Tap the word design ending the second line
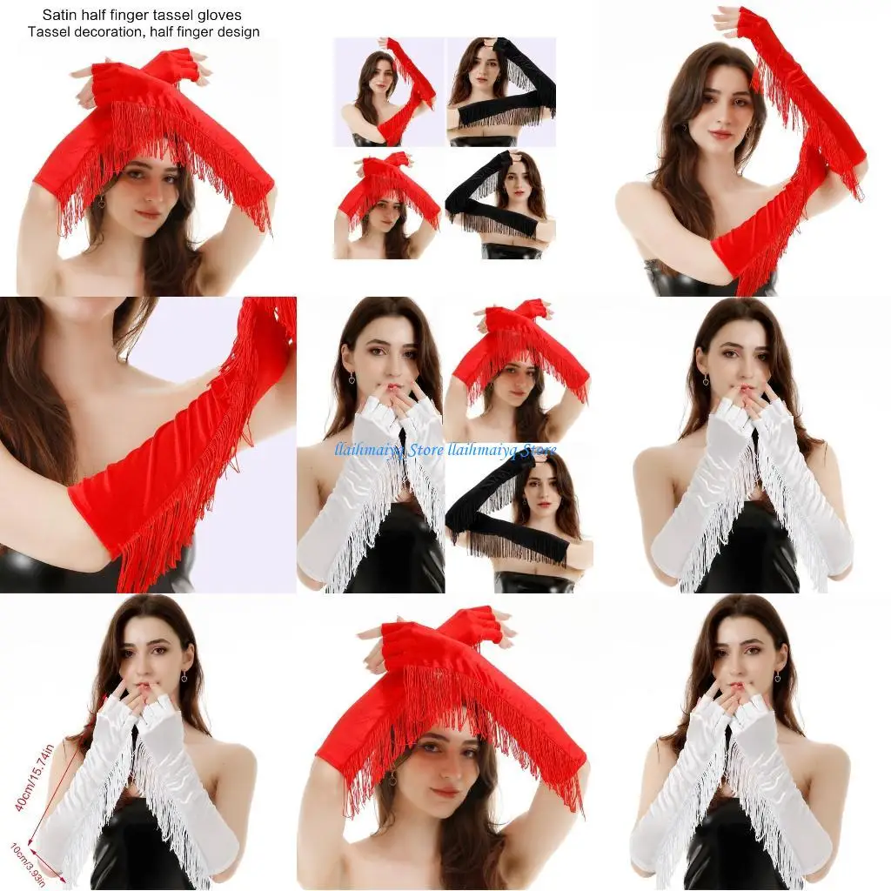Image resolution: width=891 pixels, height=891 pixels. (x=239, y=32)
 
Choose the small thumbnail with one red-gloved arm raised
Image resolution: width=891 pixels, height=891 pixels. (x=388, y=90)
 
